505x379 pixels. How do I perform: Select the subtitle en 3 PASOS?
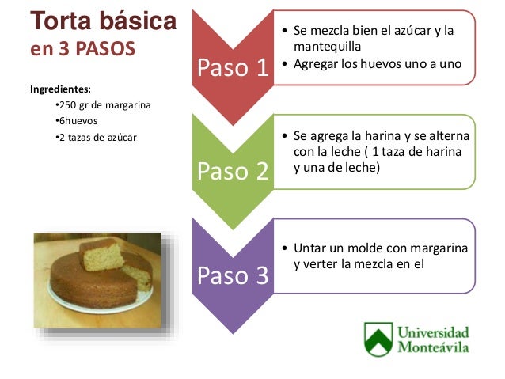(82, 49)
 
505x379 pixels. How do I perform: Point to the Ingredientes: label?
(62, 89)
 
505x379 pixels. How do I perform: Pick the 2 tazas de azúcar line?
(92, 138)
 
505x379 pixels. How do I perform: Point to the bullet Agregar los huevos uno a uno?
(377, 63)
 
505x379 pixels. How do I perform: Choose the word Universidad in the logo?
(433, 332)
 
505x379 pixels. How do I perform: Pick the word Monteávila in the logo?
(433, 347)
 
